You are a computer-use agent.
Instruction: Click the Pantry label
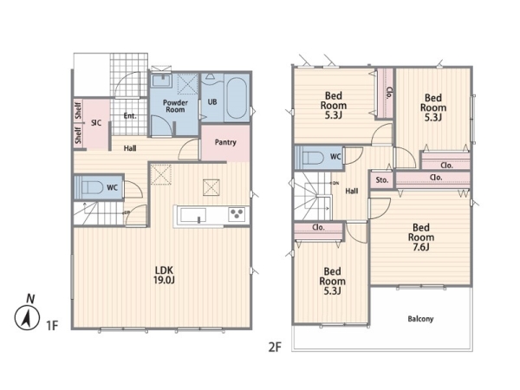pos(225,142)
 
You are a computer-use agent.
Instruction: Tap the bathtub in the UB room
pos(237,97)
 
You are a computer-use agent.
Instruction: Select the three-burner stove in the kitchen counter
pos(237,214)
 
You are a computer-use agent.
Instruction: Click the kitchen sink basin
pos(192,216)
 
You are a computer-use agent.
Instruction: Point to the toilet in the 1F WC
pos(92,188)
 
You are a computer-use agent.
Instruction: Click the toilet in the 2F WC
pos(313,158)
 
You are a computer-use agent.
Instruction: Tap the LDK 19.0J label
pos(164,275)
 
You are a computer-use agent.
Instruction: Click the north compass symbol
pos(27,315)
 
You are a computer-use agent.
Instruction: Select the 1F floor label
pos(52,325)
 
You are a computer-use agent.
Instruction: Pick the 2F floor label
pos(275,348)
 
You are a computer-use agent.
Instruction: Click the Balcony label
pos(420,319)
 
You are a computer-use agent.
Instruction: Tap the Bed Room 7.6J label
pos(421,237)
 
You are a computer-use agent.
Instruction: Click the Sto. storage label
pos(381,180)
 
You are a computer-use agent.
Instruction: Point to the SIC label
pos(96,123)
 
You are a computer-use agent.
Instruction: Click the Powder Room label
pos(175,106)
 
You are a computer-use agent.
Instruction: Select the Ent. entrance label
pos(130,116)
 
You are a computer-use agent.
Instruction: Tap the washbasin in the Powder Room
pos(161,81)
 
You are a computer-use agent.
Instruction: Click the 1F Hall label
pos(130,148)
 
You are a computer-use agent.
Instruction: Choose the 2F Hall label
pos(352,191)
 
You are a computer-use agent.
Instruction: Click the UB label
pos(212,101)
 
